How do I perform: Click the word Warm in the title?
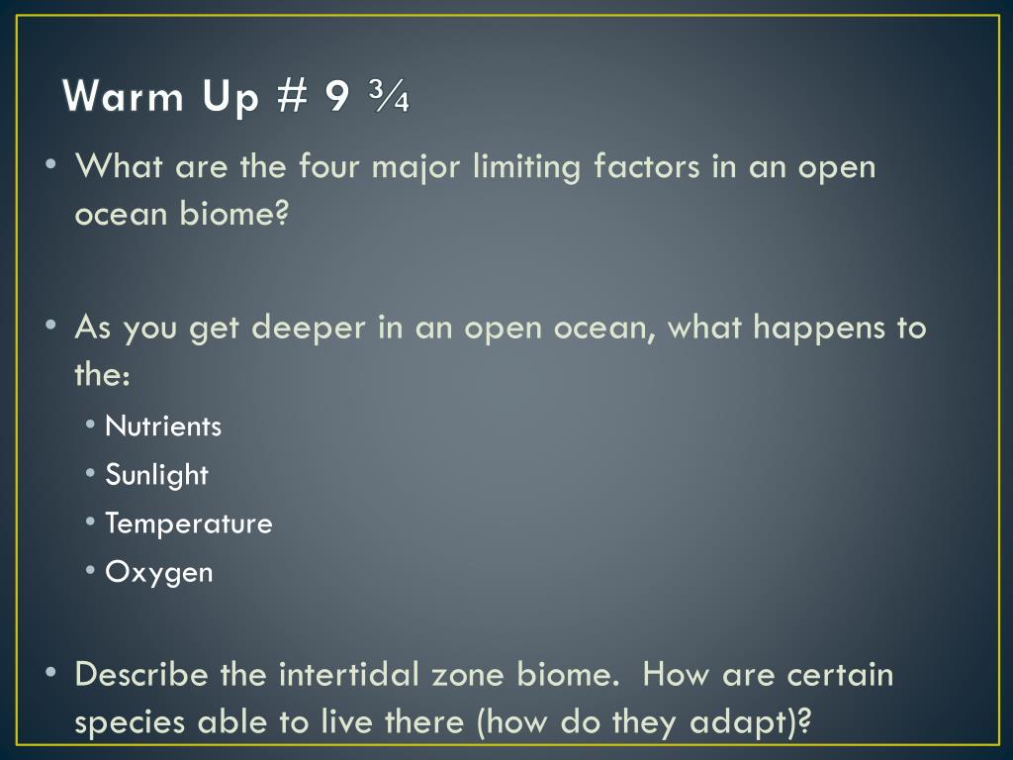coord(124,96)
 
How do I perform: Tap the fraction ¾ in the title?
coord(390,96)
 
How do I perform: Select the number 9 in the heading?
coord(337,96)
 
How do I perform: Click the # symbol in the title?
coord(291,96)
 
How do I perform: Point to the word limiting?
coord(526,167)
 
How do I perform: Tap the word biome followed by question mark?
coord(233,213)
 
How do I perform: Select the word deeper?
coord(309,328)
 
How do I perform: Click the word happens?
coord(819,328)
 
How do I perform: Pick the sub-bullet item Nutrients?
coord(163,427)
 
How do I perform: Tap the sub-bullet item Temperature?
coord(189,523)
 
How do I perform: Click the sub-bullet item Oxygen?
coord(159,573)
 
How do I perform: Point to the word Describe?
coord(141,674)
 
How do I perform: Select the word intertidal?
coord(349,674)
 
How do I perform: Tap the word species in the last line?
coord(130,723)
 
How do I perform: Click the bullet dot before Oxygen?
coord(90,571)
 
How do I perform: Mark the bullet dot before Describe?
coord(51,673)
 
